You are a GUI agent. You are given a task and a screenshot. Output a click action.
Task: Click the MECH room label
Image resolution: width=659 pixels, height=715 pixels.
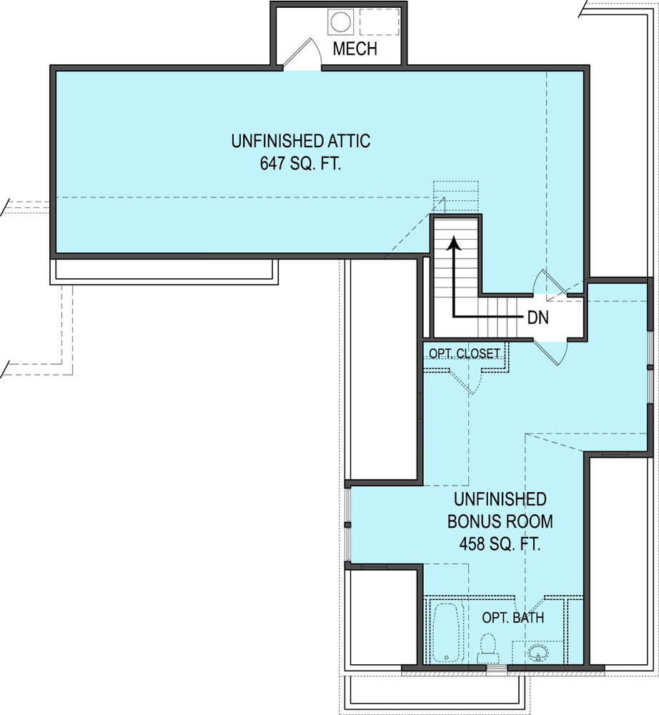point(355,49)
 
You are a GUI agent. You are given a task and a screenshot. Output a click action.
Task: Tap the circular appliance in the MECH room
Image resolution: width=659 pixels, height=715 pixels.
point(340,21)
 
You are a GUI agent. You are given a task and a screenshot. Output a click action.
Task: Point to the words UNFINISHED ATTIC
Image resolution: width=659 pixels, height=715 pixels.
point(301,141)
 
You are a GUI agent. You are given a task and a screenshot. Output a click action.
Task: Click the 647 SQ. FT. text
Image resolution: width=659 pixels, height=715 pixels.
point(301,164)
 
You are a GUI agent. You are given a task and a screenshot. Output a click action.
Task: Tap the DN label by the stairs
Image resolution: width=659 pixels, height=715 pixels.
point(538,318)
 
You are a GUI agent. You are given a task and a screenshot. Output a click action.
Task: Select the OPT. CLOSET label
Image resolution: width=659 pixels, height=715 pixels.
point(465,354)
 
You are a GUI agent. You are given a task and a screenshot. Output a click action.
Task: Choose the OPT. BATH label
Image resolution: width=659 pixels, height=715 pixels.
point(513,618)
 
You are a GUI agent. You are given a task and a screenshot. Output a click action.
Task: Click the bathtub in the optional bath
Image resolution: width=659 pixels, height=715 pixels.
point(445,632)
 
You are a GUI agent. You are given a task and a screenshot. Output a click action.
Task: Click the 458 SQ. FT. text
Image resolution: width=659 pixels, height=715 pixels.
point(500,544)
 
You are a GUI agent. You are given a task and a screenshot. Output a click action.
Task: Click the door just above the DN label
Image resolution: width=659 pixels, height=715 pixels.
point(550,283)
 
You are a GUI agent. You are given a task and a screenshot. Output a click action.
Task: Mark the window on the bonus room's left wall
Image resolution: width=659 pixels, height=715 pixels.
point(349,525)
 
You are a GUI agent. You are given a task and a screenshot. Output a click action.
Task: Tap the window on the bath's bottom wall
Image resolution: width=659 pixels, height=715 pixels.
point(497,669)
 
